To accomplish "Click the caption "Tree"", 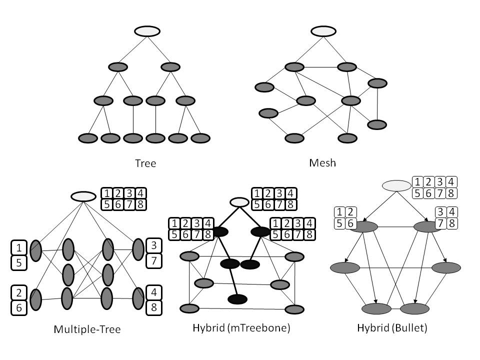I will [145, 163].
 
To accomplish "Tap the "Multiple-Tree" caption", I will [87, 329].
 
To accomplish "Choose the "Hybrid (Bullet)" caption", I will [392, 328].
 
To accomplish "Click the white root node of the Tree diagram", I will [147, 31].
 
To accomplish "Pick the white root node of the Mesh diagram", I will [324, 31].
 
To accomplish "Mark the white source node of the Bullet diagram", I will [396, 186].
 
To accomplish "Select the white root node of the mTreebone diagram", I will [239, 202].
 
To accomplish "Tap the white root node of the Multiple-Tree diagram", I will [83, 196].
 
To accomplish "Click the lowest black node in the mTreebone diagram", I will [237, 299].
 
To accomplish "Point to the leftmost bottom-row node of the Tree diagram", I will [88, 137].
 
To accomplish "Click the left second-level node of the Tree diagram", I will [118, 66].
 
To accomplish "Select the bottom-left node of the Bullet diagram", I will [376, 308].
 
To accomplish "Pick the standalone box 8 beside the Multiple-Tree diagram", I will [153, 307].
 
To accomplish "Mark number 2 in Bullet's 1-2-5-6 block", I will [350, 212].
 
